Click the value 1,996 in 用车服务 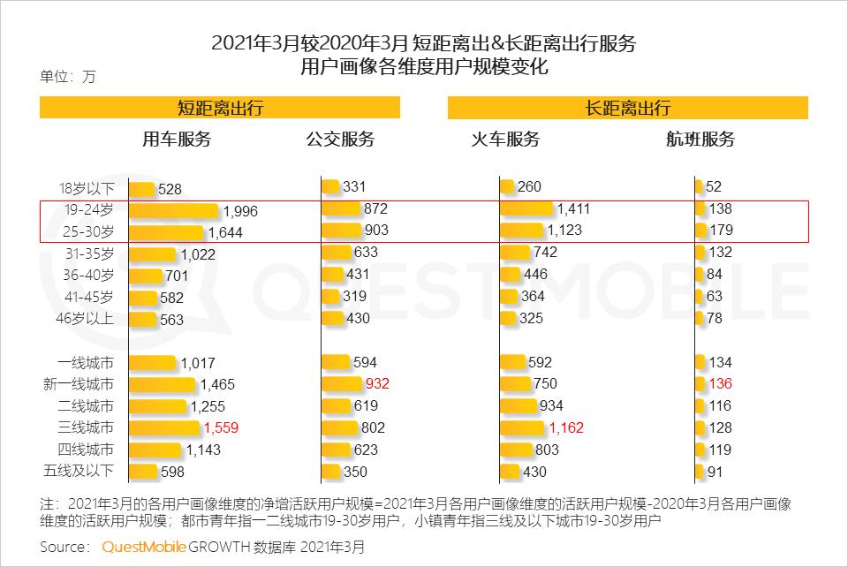[x=240, y=211]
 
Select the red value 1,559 [x=221, y=428]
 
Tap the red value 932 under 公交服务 [x=376, y=384]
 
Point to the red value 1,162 [x=566, y=428]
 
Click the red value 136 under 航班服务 [x=721, y=384]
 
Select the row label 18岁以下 [x=87, y=188]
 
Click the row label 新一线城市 [x=79, y=385]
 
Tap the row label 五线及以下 [x=79, y=472]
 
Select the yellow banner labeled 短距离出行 [x=220, y=108]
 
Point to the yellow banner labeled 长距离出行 [x=628, y=108]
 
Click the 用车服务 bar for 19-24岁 [x=173, y=211]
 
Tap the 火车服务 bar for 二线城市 [x=519, y=406]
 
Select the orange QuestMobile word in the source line [x=144, y=547]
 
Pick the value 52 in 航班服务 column [x=714, y=187]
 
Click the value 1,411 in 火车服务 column [x=573, y=209]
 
